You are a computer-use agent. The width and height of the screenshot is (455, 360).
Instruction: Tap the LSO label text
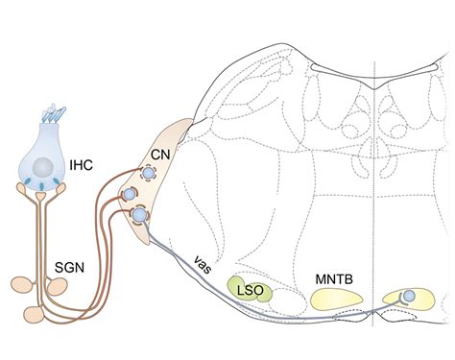[x=248, y=289]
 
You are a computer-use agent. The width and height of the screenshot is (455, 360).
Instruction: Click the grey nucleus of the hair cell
[x=41, y=166]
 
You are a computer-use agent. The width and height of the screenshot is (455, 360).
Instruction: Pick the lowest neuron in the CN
[x=140, y=216]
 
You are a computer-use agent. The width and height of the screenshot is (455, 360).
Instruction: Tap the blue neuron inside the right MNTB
[x=409, y=297]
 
